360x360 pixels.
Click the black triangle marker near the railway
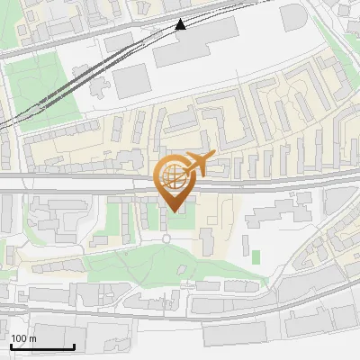[181, 24]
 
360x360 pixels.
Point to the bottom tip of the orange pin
[175, 211]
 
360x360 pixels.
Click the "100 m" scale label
[24, 338]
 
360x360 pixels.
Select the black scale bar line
[41, 347]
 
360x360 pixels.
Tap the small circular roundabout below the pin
[166, 238]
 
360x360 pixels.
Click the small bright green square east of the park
[256, 257]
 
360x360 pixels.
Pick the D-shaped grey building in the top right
[295, 19]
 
